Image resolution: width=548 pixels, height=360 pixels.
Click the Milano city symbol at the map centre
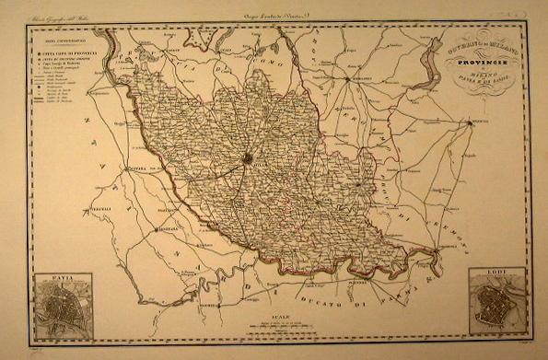click(247, 159)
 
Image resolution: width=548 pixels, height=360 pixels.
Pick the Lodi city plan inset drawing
click(496, 308)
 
